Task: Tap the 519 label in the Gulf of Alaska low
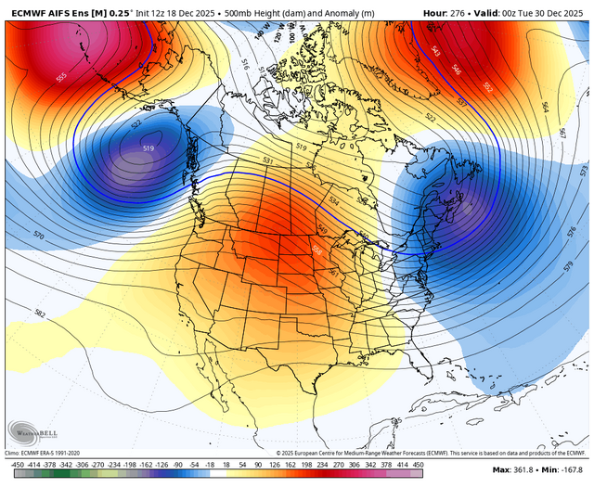click(x=148, y=148)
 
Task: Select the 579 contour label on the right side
click(x=567, y=267)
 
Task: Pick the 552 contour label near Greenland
click(x=488, y=87)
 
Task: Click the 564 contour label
click(x=546, y=109)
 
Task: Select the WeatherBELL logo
click(x=32, y=431)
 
